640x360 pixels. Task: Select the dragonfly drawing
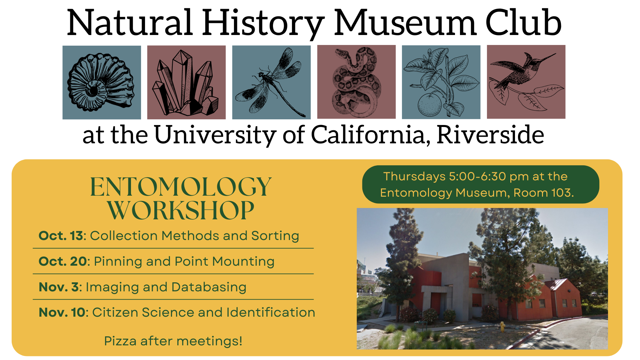click(271, 82)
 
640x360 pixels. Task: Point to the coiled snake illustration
click(357, 82)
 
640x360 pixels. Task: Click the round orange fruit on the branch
click(429, 104)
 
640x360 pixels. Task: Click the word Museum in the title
click(405, 24)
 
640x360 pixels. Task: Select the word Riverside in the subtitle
click(490, 135)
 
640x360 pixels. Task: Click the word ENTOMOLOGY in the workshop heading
click(181, 187)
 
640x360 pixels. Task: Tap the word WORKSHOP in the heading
click(181, 210)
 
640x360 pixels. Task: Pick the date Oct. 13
click(61, 236)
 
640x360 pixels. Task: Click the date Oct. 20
click(63, 261)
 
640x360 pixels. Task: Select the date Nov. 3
click(59, 287)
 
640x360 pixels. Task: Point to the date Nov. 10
click(62, 312)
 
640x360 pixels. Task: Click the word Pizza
click(120, 341)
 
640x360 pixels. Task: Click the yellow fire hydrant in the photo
click(502, 326)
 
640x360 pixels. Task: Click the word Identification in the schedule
click(271, 312)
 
